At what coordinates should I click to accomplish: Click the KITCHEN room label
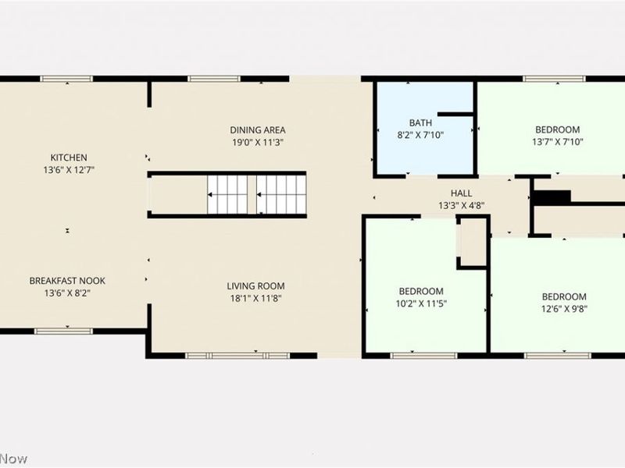pos(69,158)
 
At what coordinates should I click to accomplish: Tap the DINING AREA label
pos(258,130)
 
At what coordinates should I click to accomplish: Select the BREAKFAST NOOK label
pos(67,281)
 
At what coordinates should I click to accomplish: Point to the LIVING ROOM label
pos(256,286)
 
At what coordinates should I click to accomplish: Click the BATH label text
pos(420,123)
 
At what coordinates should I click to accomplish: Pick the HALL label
pos(461,193)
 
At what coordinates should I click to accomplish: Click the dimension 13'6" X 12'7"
pos(69,170)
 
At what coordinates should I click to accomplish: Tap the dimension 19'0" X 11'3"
pos(258,143)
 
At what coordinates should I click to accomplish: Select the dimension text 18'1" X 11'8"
pos(256,299)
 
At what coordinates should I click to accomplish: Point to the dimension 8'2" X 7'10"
pos(420,135)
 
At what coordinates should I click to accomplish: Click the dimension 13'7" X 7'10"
pos(558,142)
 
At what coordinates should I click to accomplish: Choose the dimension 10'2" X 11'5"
pos(421,303)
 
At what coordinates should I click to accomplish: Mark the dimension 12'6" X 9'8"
pos(564,309)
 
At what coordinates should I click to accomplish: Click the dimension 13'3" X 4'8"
pos(461,206)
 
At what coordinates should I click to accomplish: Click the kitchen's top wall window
pos(66,79)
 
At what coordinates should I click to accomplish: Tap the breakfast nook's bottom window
pos(64,331)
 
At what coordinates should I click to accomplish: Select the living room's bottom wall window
pos(238,356)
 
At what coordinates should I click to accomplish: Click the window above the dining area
pos(214,79)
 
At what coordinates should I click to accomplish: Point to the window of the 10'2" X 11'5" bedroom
pos(423,356)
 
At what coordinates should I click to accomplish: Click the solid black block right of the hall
pos(552,197)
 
